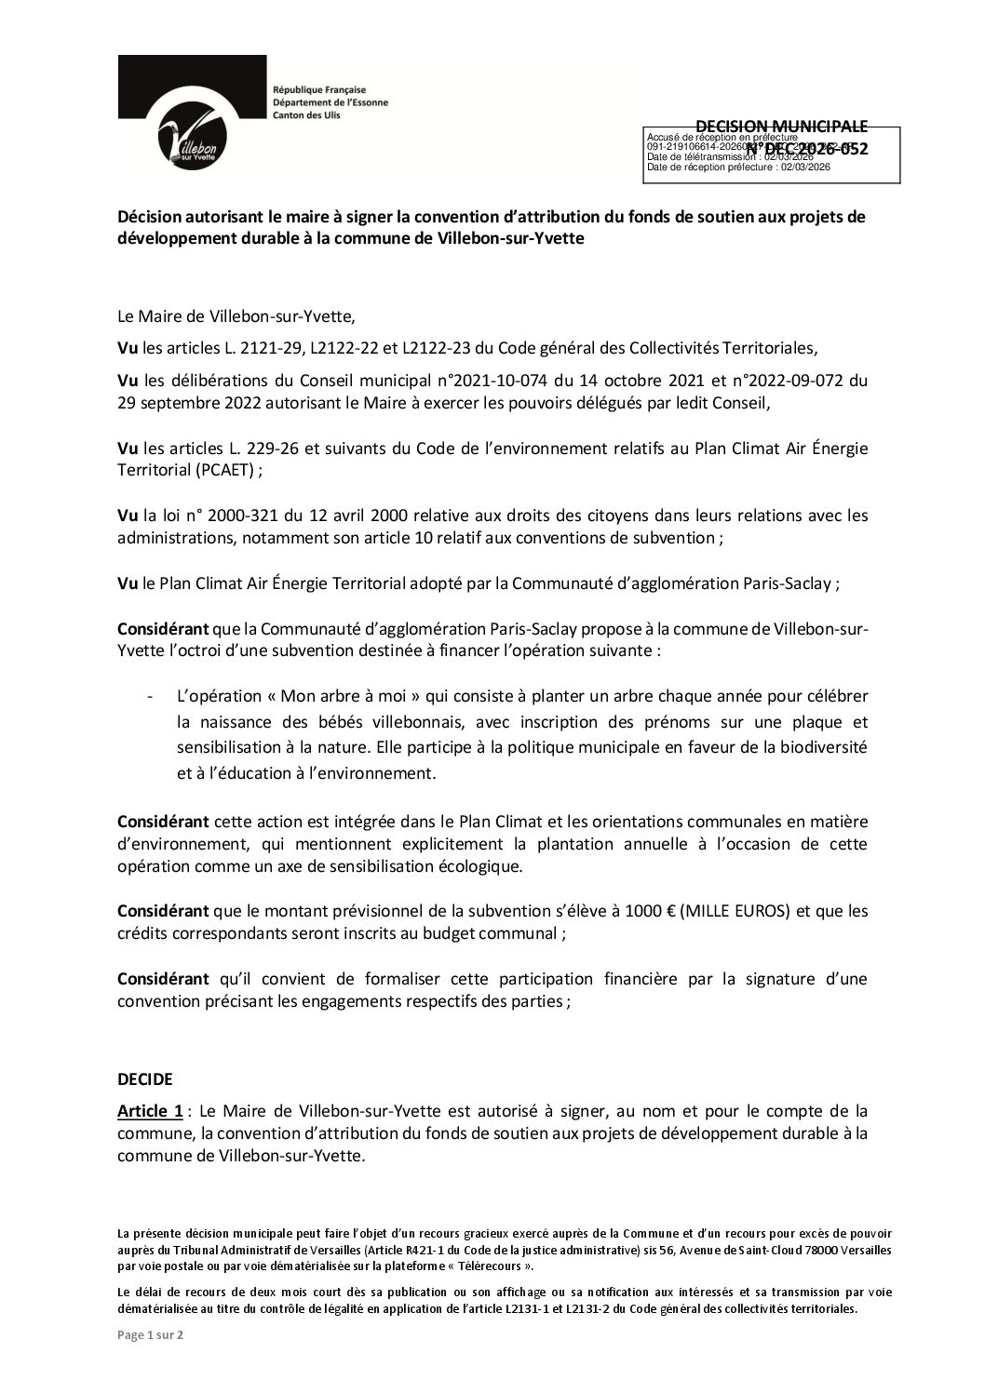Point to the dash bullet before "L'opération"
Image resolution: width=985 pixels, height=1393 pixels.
(150, 697)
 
